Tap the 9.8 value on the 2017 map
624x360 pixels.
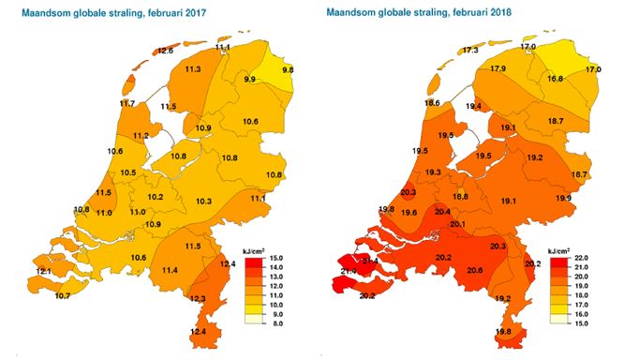click(x=288, y=70)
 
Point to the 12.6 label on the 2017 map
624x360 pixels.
click(x=165, y=51)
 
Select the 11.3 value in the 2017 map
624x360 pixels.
click(x=194, y=69)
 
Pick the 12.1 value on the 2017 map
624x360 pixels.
click(x=45, y=272)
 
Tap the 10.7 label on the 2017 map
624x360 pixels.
click(x=63, y=296)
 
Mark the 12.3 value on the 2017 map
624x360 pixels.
click(x=198, y=298)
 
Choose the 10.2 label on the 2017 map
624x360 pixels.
click(x=156, y=197)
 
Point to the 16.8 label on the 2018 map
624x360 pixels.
click(x=555, y=80)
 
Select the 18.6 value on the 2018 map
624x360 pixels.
click(x=432, y=103)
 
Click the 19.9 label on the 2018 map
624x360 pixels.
click(x=563, y=199)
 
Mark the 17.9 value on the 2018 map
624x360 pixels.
click(x=498, y=69)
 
